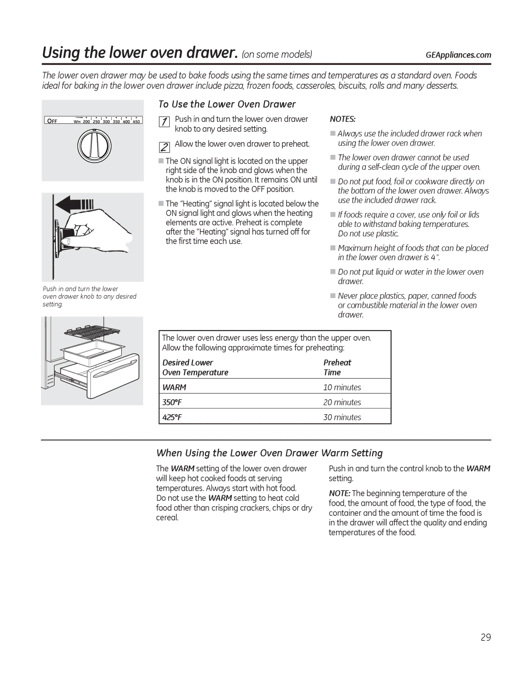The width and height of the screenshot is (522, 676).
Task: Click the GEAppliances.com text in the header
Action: (458, 55)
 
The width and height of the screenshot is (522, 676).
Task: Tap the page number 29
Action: (486, 637)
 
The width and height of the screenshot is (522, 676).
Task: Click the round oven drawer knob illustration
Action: (94, 146)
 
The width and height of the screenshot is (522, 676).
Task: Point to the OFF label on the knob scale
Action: (52, 121)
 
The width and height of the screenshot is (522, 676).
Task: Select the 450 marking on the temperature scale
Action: (136, 121)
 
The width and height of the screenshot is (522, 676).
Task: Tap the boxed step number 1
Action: (164, 122)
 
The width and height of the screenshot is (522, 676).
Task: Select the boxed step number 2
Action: (164, 147)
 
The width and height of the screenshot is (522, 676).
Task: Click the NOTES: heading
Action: (343, 120)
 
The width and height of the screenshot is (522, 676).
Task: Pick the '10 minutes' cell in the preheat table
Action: (342, 388)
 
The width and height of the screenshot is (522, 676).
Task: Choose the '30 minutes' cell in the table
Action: (342, 418)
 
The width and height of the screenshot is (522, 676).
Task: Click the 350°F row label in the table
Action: (172, 403)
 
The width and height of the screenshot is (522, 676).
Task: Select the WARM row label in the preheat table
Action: (174, 388)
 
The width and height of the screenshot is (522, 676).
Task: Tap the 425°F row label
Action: (172, 418)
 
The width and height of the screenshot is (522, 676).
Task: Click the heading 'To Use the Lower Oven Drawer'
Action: (227, 105)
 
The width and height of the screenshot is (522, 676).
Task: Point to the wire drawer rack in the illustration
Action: (92, 333)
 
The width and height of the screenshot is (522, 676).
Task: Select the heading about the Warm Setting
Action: (269, 453)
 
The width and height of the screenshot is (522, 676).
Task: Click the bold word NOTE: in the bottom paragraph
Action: (339, 494)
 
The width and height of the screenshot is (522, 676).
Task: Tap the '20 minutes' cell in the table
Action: (342, 403)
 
